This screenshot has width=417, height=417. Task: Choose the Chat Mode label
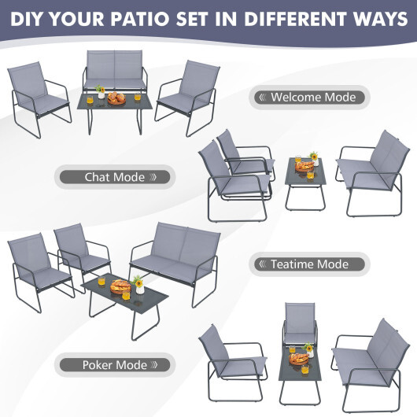114,177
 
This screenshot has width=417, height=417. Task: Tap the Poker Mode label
114,364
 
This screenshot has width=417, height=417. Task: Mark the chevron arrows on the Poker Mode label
159,365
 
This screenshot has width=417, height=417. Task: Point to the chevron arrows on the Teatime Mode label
262,264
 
